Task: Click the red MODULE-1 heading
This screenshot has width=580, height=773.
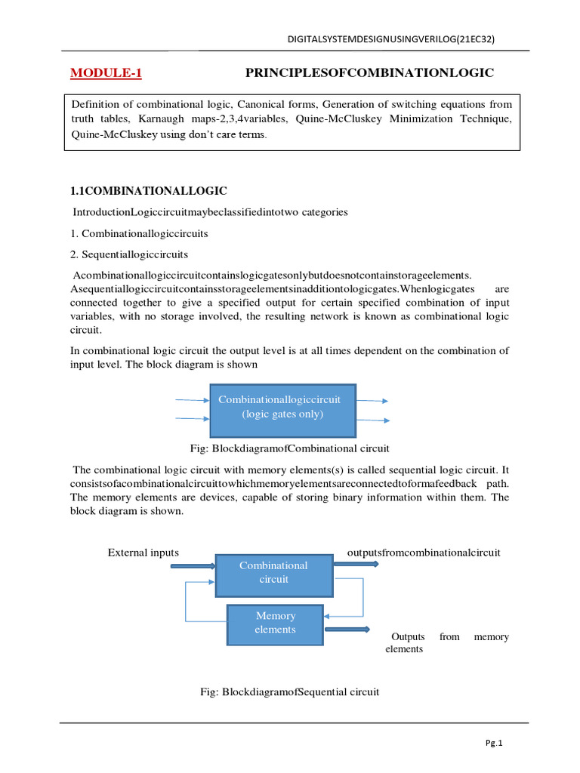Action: (106, 73)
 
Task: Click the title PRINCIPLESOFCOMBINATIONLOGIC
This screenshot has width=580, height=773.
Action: (369, 72)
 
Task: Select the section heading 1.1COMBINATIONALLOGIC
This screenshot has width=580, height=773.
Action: (149, 190)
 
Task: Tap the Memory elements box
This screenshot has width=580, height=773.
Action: (276, 623)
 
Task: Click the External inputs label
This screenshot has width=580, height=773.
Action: (143, 553)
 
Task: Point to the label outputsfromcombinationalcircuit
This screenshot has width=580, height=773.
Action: (423, 553)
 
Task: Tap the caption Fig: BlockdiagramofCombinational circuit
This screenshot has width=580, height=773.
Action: (291, 448)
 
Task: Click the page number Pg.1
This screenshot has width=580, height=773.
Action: (495, 743)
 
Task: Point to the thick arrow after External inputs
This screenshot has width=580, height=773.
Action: (193, 565)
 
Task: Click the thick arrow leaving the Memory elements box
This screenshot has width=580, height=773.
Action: (347, 629)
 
